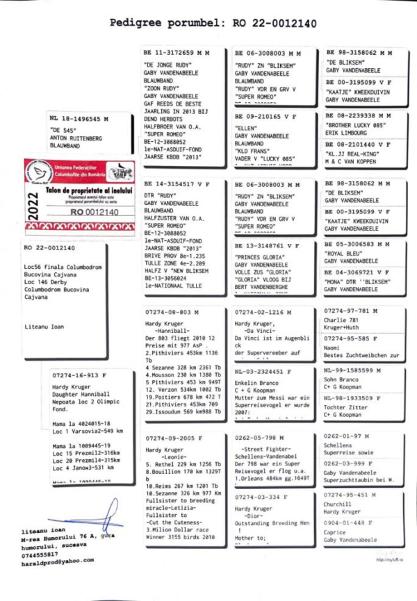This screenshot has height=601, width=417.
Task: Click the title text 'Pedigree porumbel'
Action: [159, 23]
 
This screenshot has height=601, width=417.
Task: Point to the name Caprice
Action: [336, 532]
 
